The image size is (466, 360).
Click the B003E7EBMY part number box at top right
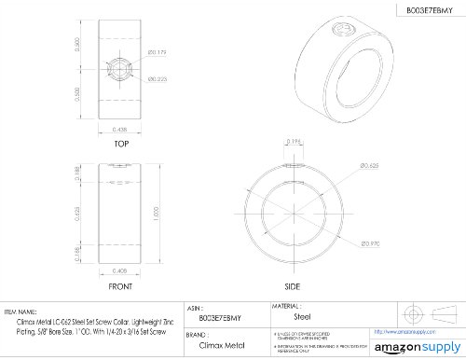[x=421, y=11]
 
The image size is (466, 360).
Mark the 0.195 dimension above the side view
[x=295, y=143]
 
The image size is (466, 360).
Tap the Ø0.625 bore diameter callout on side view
[x=371, y=165]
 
